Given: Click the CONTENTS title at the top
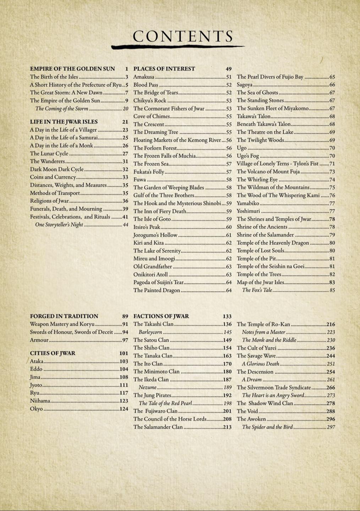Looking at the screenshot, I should pos(183,36).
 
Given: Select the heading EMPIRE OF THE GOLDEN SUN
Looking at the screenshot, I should pos(72,69).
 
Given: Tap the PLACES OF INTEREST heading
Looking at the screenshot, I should pos(164,69).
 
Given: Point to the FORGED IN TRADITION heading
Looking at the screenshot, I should pos(64,316).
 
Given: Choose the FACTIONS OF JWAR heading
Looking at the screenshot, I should pos(161,316).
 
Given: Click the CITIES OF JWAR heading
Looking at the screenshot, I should pos(53,353).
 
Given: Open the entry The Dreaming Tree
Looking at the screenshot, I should pos(156,132).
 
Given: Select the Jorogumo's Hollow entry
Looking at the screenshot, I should pos(155,235).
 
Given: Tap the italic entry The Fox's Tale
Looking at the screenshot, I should pos(257,290).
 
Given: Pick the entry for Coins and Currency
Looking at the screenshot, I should pos(53,177).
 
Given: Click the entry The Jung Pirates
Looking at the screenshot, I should pos(152,395).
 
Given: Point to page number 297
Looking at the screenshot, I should pos(331,427).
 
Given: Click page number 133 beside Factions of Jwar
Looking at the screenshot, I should pos(227,316).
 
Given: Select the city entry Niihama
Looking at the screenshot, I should pos(40,401).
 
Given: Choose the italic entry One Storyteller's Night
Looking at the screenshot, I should pos(59,225).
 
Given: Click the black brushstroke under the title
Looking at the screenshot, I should pos(178,46).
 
